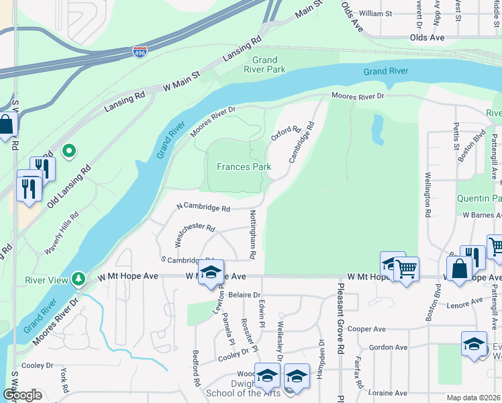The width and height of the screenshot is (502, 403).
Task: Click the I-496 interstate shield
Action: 139,52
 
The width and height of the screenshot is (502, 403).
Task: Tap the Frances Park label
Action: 244,166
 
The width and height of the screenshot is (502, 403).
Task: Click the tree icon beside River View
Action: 79,278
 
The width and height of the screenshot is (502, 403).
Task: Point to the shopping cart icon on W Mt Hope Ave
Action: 406,271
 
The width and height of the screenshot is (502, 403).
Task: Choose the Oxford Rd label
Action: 285,132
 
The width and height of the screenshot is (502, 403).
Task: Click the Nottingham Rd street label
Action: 253,234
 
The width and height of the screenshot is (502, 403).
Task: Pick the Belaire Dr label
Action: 244,295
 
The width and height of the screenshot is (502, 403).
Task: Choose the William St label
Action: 375,13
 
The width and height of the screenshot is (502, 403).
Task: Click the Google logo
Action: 22,395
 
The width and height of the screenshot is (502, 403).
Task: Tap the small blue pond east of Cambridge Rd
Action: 378,130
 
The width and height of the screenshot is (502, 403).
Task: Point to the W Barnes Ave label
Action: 481,215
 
